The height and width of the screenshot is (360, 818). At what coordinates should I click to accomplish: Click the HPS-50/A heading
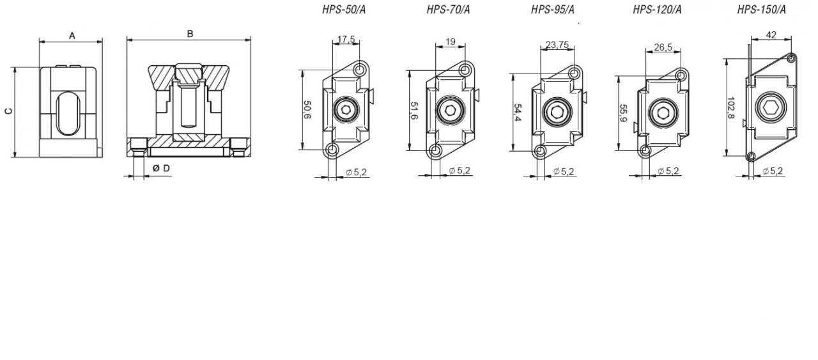pyautogui.click(x=344, y=10)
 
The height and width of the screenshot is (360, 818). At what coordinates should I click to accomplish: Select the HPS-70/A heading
pyautogui.click(x=448, y=10)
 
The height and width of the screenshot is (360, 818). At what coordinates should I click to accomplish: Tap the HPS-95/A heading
pyautogui.click(x=553, y=10)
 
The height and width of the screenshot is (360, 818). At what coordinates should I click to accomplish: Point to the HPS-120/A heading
pyautogui.click(x=657, y=10)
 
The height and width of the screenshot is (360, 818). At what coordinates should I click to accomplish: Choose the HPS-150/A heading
pyautogui.click(x=761, y=10)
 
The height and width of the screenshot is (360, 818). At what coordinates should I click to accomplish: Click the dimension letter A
pyautogui.click(x=72, y=36)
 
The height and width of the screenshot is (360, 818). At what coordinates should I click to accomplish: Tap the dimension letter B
pyautogui.click(x=190, y=34)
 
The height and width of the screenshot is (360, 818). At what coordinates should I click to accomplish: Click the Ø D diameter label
pyautogui.click(x=162, y=168)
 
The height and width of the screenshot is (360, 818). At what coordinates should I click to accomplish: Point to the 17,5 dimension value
pyautogui.click(x=346, y=39)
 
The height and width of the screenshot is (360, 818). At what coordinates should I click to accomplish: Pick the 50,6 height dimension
pyautogui.click(x=307, y=109)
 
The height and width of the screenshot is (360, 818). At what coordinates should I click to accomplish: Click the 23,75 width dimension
pyautogui.click(x=557, y=45)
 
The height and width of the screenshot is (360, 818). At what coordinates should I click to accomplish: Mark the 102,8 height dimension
pyautogui.click(x=730, y=108)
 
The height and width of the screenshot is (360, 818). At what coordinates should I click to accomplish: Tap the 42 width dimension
pyautogui.click(x=771, y=35)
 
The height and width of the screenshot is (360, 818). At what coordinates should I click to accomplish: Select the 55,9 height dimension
pyautogui.click(x=623, y=113)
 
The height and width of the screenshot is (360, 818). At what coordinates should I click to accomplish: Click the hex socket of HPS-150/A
pyautogui.click(x=771, y=107)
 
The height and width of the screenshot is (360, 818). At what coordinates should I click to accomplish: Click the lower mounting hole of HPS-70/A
pyautogui.click(x=435, y=150)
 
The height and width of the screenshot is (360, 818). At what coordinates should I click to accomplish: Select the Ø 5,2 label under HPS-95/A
pyautogui.click(x=564, y=171)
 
